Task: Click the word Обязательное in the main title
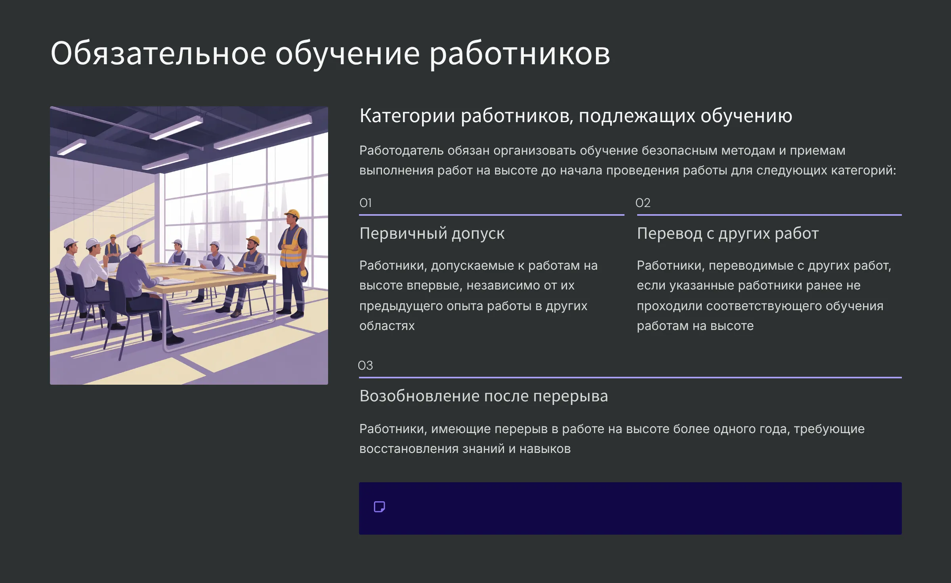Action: pos(158,54)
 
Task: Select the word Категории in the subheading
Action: pos(407,116)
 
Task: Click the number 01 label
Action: pos(365,203)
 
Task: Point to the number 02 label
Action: pos(643,203)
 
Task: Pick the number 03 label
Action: pos(365,365)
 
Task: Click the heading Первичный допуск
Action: pos(432,234)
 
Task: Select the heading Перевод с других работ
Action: pos(728,234)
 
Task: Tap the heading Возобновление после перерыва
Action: pos(483,396)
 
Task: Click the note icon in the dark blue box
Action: pos(379,507)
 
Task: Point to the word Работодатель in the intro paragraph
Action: pos(401,151)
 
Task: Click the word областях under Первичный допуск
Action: pos(387,326)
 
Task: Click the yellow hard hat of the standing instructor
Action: pos(292,214)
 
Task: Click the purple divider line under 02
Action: pos(769,215)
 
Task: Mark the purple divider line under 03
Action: pos(630,378)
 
